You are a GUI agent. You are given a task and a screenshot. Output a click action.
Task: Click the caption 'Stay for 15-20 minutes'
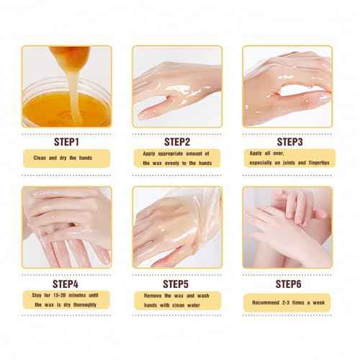pos(66,299)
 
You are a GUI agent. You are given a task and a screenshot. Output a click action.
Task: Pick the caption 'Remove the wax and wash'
pos(176,299)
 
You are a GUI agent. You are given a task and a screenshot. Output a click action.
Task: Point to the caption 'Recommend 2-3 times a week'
pos(287,298)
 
